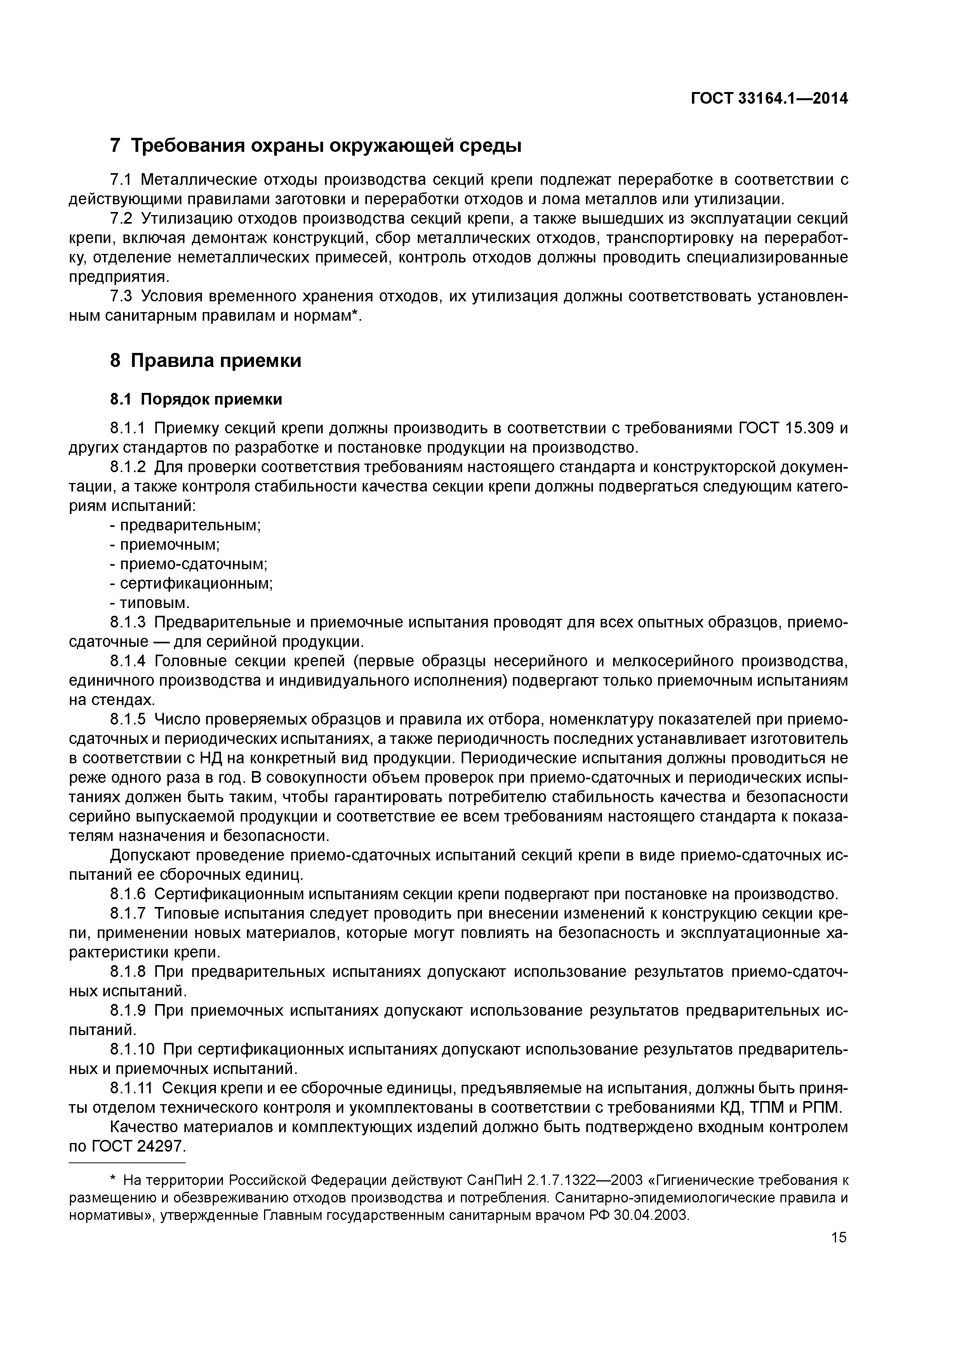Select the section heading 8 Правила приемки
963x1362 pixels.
point(205,361)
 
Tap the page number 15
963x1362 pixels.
point(838,1237)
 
